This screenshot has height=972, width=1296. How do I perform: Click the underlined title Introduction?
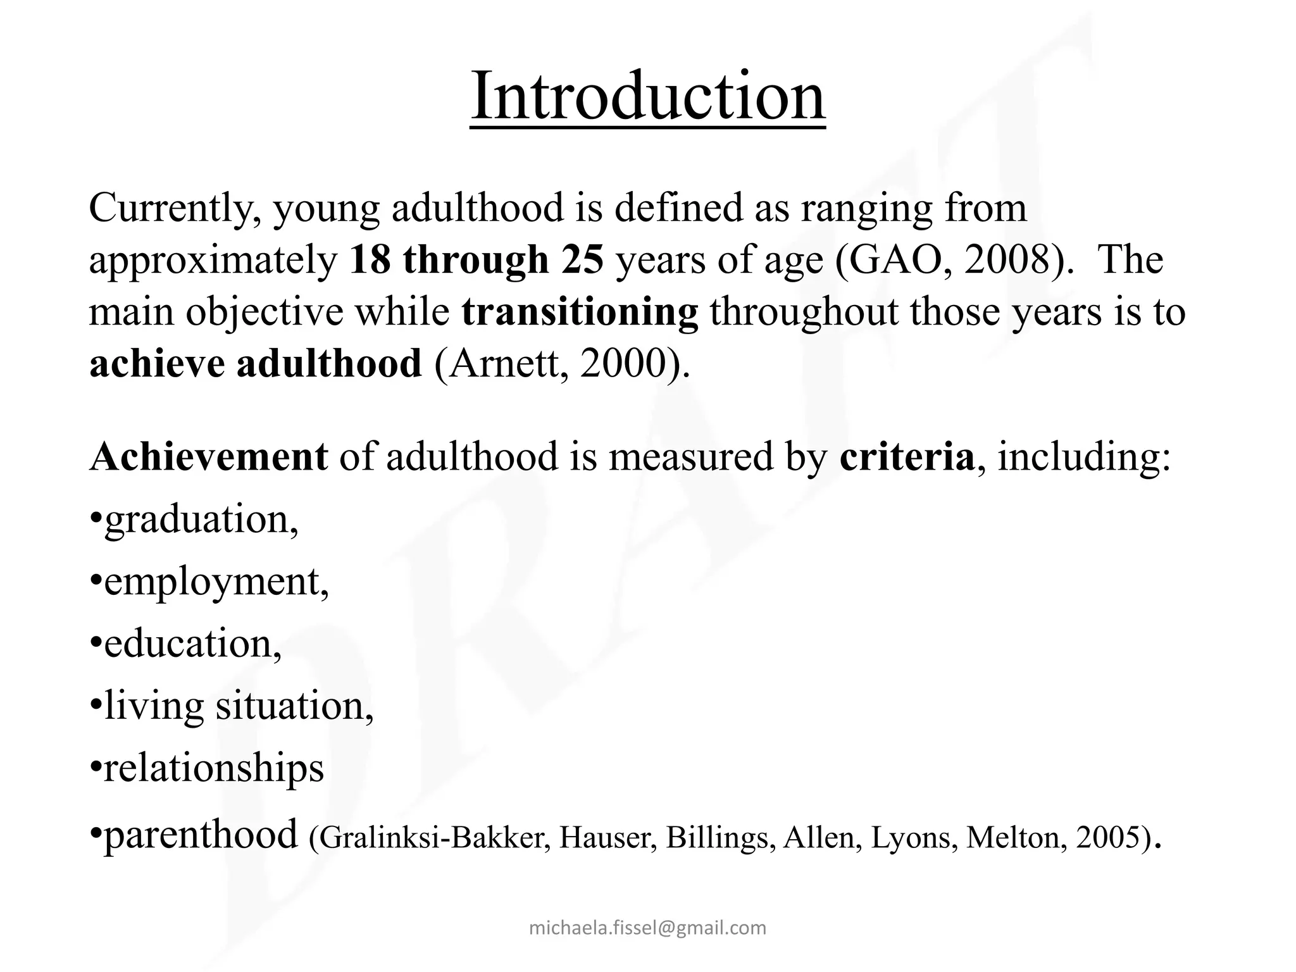point(647,97)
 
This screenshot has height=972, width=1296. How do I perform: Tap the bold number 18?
point(369,260)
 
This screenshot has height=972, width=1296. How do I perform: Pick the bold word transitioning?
point(580,313)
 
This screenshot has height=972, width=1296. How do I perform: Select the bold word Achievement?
point(209,457)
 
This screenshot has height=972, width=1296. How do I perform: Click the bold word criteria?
point(906,457)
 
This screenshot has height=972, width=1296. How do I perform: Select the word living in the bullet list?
point(154,706)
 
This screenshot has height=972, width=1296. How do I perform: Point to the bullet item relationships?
point(213,768)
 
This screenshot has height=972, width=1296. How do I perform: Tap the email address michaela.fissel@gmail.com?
point(647,928)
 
